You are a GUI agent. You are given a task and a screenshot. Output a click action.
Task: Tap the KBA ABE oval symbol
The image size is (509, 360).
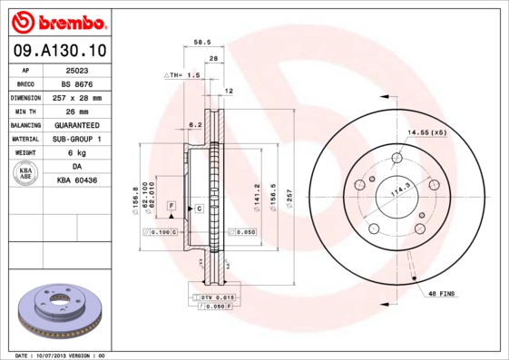click(26, 174)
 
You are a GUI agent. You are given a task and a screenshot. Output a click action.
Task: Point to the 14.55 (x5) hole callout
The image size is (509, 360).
click(426, 132)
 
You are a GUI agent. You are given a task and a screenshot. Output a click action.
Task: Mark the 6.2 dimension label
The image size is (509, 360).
click(193, 124)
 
